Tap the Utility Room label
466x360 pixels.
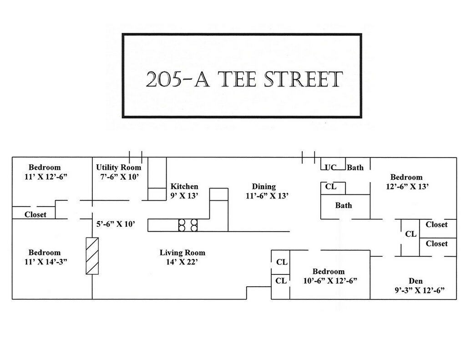118,167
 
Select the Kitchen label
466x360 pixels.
184,186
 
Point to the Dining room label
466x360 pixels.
264,186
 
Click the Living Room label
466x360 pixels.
182,253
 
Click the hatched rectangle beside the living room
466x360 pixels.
92,256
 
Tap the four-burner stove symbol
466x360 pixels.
188,225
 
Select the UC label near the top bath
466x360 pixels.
330,167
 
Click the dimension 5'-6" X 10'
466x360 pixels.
116,224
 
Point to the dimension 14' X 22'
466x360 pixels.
182,262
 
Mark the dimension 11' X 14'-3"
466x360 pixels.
45,262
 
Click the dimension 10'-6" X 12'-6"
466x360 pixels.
329,281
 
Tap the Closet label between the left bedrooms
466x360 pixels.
35,214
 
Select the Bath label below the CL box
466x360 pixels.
344,205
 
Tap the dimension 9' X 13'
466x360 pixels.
184,196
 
